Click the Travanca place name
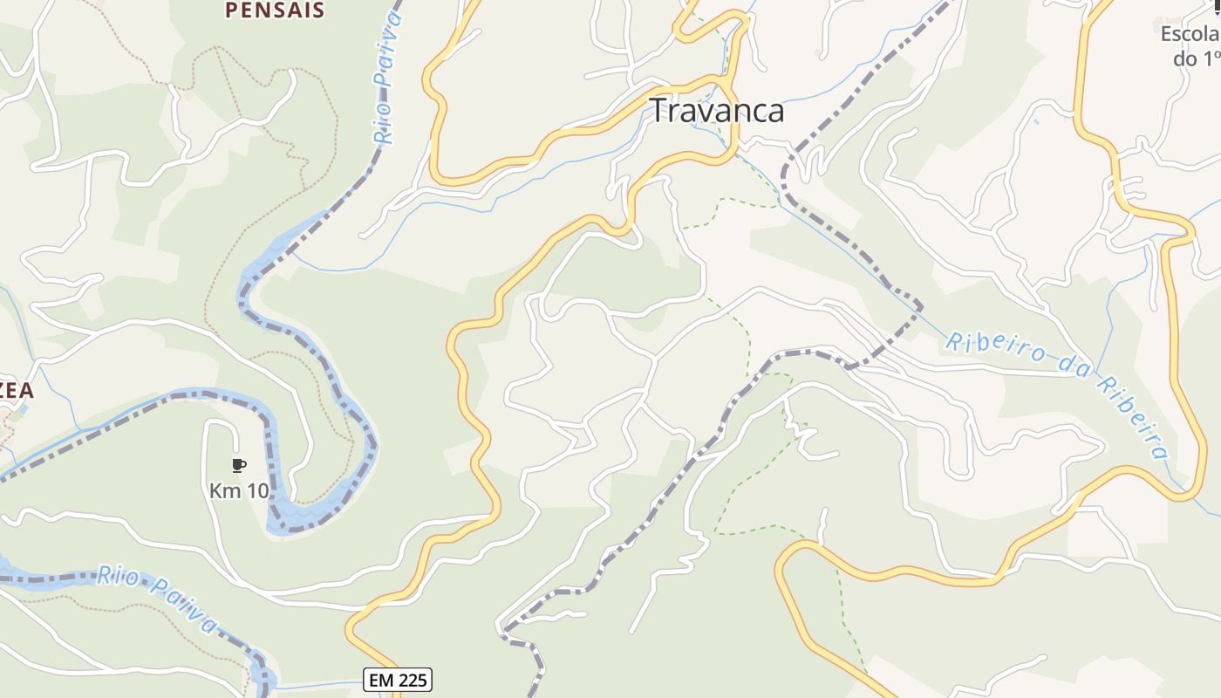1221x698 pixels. coord(717,111)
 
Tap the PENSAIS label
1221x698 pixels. coord(275,10)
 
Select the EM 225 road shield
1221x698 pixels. coord(398,680)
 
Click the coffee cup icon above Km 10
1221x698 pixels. coord(239,465)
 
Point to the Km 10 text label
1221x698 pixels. coord(239,490)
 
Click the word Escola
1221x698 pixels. coord(1190,34)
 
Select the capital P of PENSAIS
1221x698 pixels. coord(232,10)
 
